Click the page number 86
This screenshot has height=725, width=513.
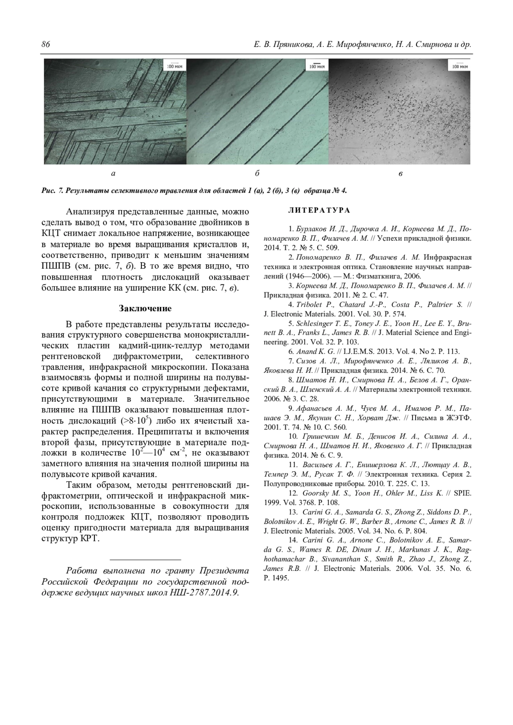(x=46, y=45)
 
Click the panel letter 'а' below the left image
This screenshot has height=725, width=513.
(x=113, y=173)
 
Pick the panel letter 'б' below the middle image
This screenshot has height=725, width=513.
(x=257, y=173)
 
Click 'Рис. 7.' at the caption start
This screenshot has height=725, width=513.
(x=52, y=190)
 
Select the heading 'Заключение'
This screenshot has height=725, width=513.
(x=145, y=308)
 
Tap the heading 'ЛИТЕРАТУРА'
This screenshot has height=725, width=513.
(x=319, y=210)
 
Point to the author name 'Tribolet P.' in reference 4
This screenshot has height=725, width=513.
(x=315, y=304)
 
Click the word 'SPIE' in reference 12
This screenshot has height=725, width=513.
(x=462, y=493)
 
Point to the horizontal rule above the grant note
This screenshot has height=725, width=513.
(x=145, y=559)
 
